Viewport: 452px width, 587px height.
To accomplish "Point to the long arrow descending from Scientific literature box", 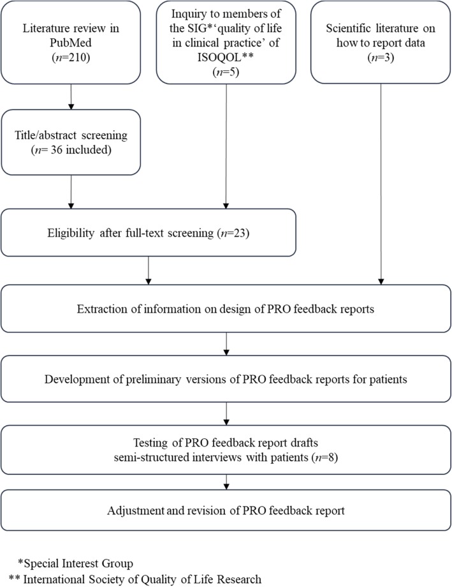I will pyautogui.click(x=381, y=185).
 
